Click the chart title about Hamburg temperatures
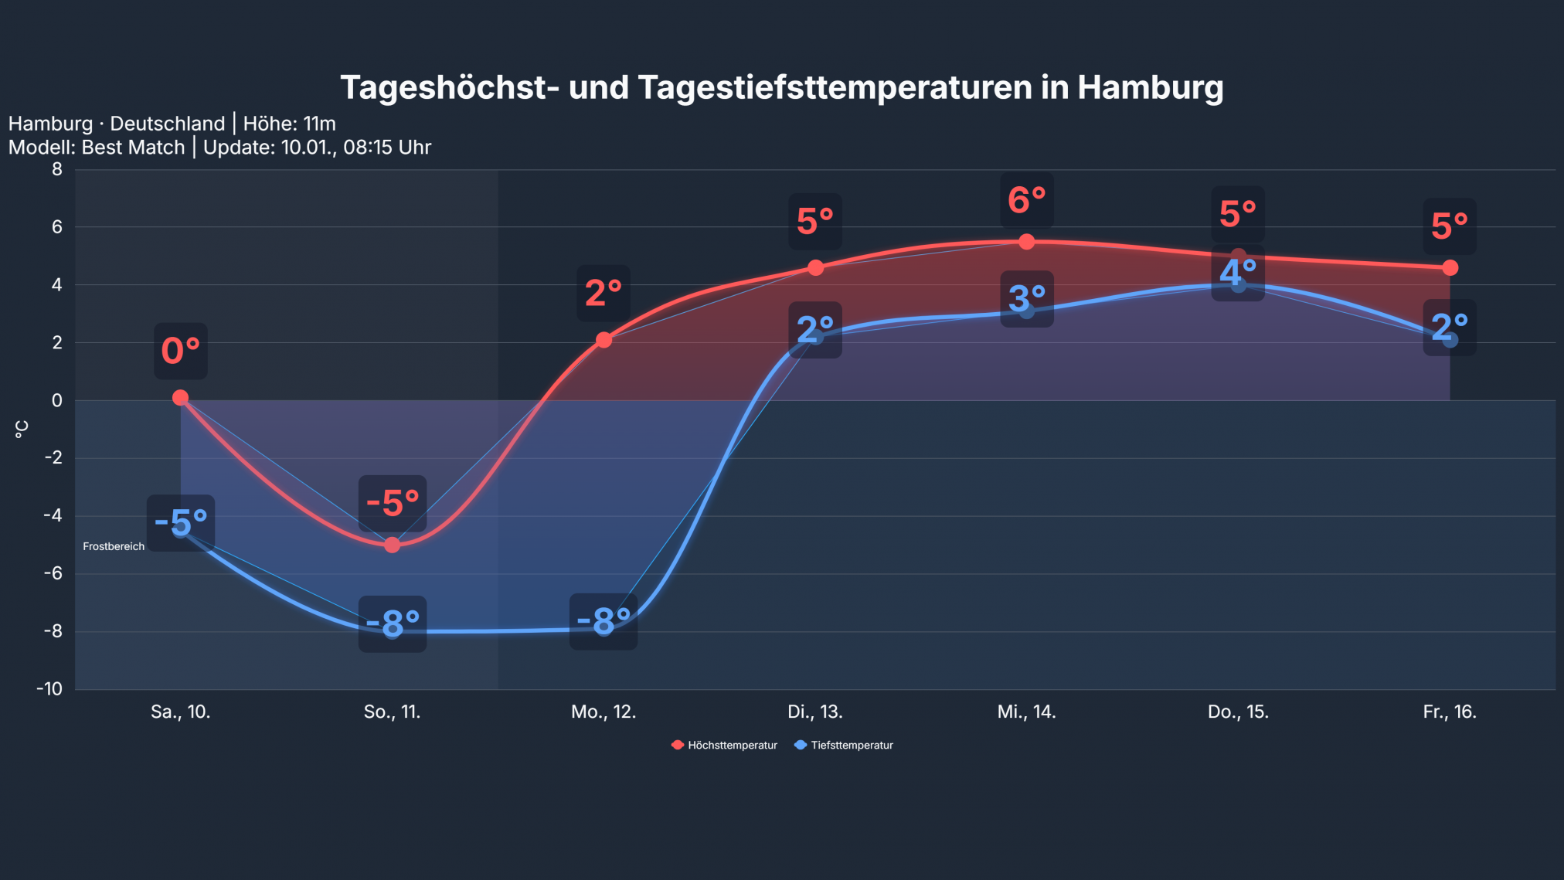(781, 87)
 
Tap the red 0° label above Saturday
(180, 351)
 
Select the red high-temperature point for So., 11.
(392, 545)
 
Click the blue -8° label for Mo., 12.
(603, 621)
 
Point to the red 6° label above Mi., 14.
(1026, 201)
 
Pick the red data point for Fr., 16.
(1450, 267)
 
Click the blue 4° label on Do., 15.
(1237, 273)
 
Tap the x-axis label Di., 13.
(814, 712)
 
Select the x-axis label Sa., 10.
(180, 712)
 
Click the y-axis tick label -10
(49, 688)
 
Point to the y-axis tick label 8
(57, 169)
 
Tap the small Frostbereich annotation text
(114, 546)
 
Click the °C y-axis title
(22, 430)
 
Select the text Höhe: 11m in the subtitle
(289, 124)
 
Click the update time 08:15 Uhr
(386, 147)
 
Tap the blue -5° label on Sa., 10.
(180, 523)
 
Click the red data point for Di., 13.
(815, 267)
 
